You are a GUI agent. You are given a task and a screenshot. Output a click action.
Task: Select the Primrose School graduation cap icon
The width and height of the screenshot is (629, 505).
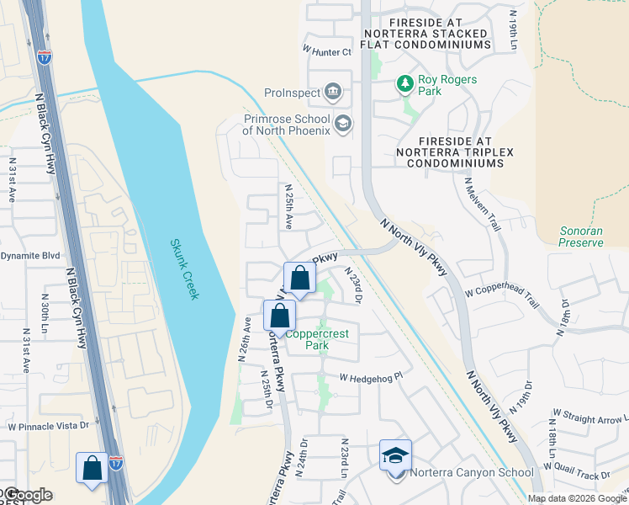(x=342, y=125)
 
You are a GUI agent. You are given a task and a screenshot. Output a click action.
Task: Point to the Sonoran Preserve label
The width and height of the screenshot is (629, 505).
(x=581, y=237)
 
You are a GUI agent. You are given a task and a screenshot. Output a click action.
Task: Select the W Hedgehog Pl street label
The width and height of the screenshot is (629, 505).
(x=371, y=378)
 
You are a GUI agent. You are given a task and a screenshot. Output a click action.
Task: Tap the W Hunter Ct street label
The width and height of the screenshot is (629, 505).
(x=326, y=52)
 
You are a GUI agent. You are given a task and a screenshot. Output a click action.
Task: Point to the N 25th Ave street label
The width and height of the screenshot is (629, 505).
(x=288, y=207)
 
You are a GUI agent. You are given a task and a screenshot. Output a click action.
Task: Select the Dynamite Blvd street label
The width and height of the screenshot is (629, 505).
(x=30, y=255)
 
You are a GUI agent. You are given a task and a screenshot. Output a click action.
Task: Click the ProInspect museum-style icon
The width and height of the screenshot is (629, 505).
(x=334, y=91)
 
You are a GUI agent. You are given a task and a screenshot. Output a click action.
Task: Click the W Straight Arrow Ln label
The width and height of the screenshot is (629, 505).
(x=589, y=416)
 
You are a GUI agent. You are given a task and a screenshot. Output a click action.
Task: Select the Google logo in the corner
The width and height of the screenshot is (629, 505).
(x=27, y=495)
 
